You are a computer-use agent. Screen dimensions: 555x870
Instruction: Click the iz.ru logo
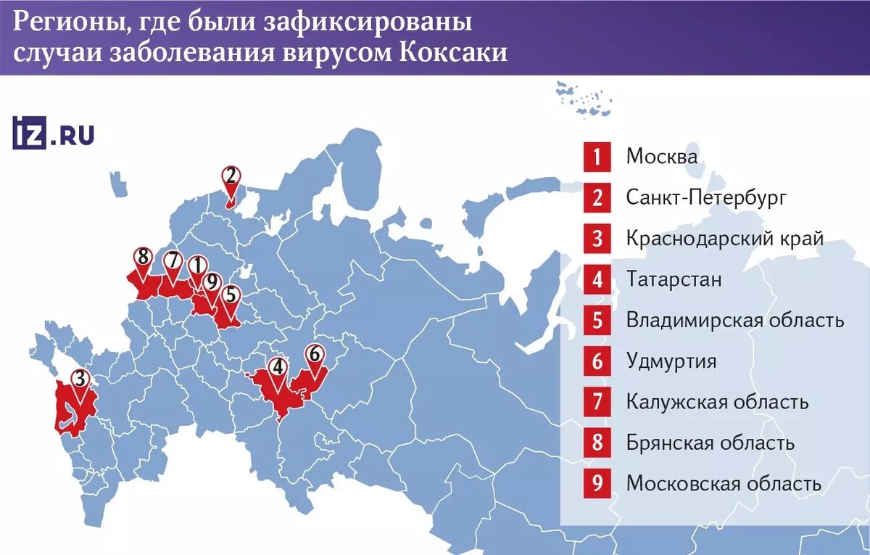pyautogui.click(x=53, y=133)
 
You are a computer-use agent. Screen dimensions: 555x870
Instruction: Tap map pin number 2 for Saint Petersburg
pyautogui.click(x=231, y=176)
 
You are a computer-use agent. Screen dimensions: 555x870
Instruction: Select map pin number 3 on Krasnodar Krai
pyautogui.click(x=80, y=379)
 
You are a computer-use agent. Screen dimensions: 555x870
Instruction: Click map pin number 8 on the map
pyautogui.click(x=142, y=258)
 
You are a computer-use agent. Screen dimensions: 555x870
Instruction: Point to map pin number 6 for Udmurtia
pyautogui.click(x=313, y=355)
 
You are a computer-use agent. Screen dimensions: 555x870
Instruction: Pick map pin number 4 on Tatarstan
pyautogui.click(x=278, y=368)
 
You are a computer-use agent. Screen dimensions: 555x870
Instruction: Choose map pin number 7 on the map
pyautogui.click(x=172, y=260)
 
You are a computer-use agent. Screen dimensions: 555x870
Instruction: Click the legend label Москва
pyautogui.click(x=662, y=157)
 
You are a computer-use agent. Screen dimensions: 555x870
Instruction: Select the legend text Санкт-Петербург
pyautogui.click(x=706, y=197)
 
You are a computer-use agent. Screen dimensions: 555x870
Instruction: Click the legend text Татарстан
pyautogui.click(x=674, y=279)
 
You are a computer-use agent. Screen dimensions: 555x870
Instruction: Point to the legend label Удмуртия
pyautogui.click(x=671, y=361)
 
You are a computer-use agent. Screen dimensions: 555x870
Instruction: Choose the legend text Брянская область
pyautogui.click(x=710, y=442)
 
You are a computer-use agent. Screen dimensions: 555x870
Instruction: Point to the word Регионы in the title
pyautogui.click(x=63, y=22)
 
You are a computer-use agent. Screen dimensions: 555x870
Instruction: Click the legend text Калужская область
pyautogui.click(x=717, y=401)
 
